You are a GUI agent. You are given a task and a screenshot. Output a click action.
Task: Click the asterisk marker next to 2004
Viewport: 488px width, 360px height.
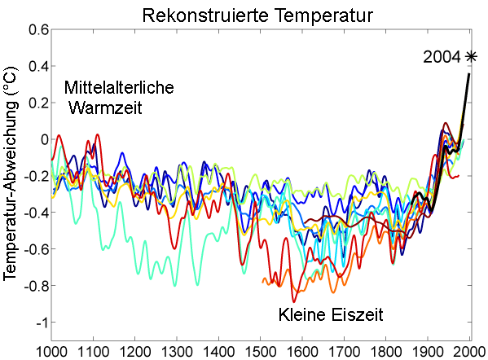[471, 56]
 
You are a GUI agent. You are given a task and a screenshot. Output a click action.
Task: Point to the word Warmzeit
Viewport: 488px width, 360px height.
[106, 107]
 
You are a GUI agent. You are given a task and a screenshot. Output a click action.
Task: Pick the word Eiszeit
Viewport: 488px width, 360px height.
[356, 313]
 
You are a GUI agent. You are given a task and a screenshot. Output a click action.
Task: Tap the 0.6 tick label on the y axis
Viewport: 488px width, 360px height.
[37, 29]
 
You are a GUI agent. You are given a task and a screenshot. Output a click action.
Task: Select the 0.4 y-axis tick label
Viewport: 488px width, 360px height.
[37, 66]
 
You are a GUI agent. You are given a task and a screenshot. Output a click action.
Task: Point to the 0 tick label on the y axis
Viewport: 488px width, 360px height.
[44, 139]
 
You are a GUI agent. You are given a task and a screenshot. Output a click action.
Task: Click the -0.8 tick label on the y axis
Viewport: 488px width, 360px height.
[35, 286]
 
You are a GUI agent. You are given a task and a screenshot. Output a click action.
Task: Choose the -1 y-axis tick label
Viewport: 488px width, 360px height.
[41, 323]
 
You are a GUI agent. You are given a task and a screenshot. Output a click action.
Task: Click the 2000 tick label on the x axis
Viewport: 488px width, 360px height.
[469, 351]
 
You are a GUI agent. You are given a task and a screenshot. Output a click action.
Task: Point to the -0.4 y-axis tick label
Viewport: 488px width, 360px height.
[35, 213]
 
